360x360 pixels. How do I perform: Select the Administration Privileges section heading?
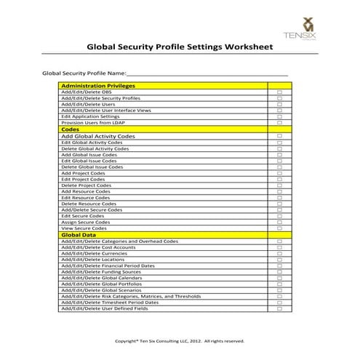[99, 86]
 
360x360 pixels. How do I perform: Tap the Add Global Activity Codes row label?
[97, 136]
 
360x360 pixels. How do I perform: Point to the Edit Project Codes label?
[84, 180]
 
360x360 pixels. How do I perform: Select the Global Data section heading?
[79, 235]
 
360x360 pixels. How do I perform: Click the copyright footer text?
[180, 340]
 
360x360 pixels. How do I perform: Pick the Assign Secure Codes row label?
[86, 222]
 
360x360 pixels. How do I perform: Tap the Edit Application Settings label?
[90, 116]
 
